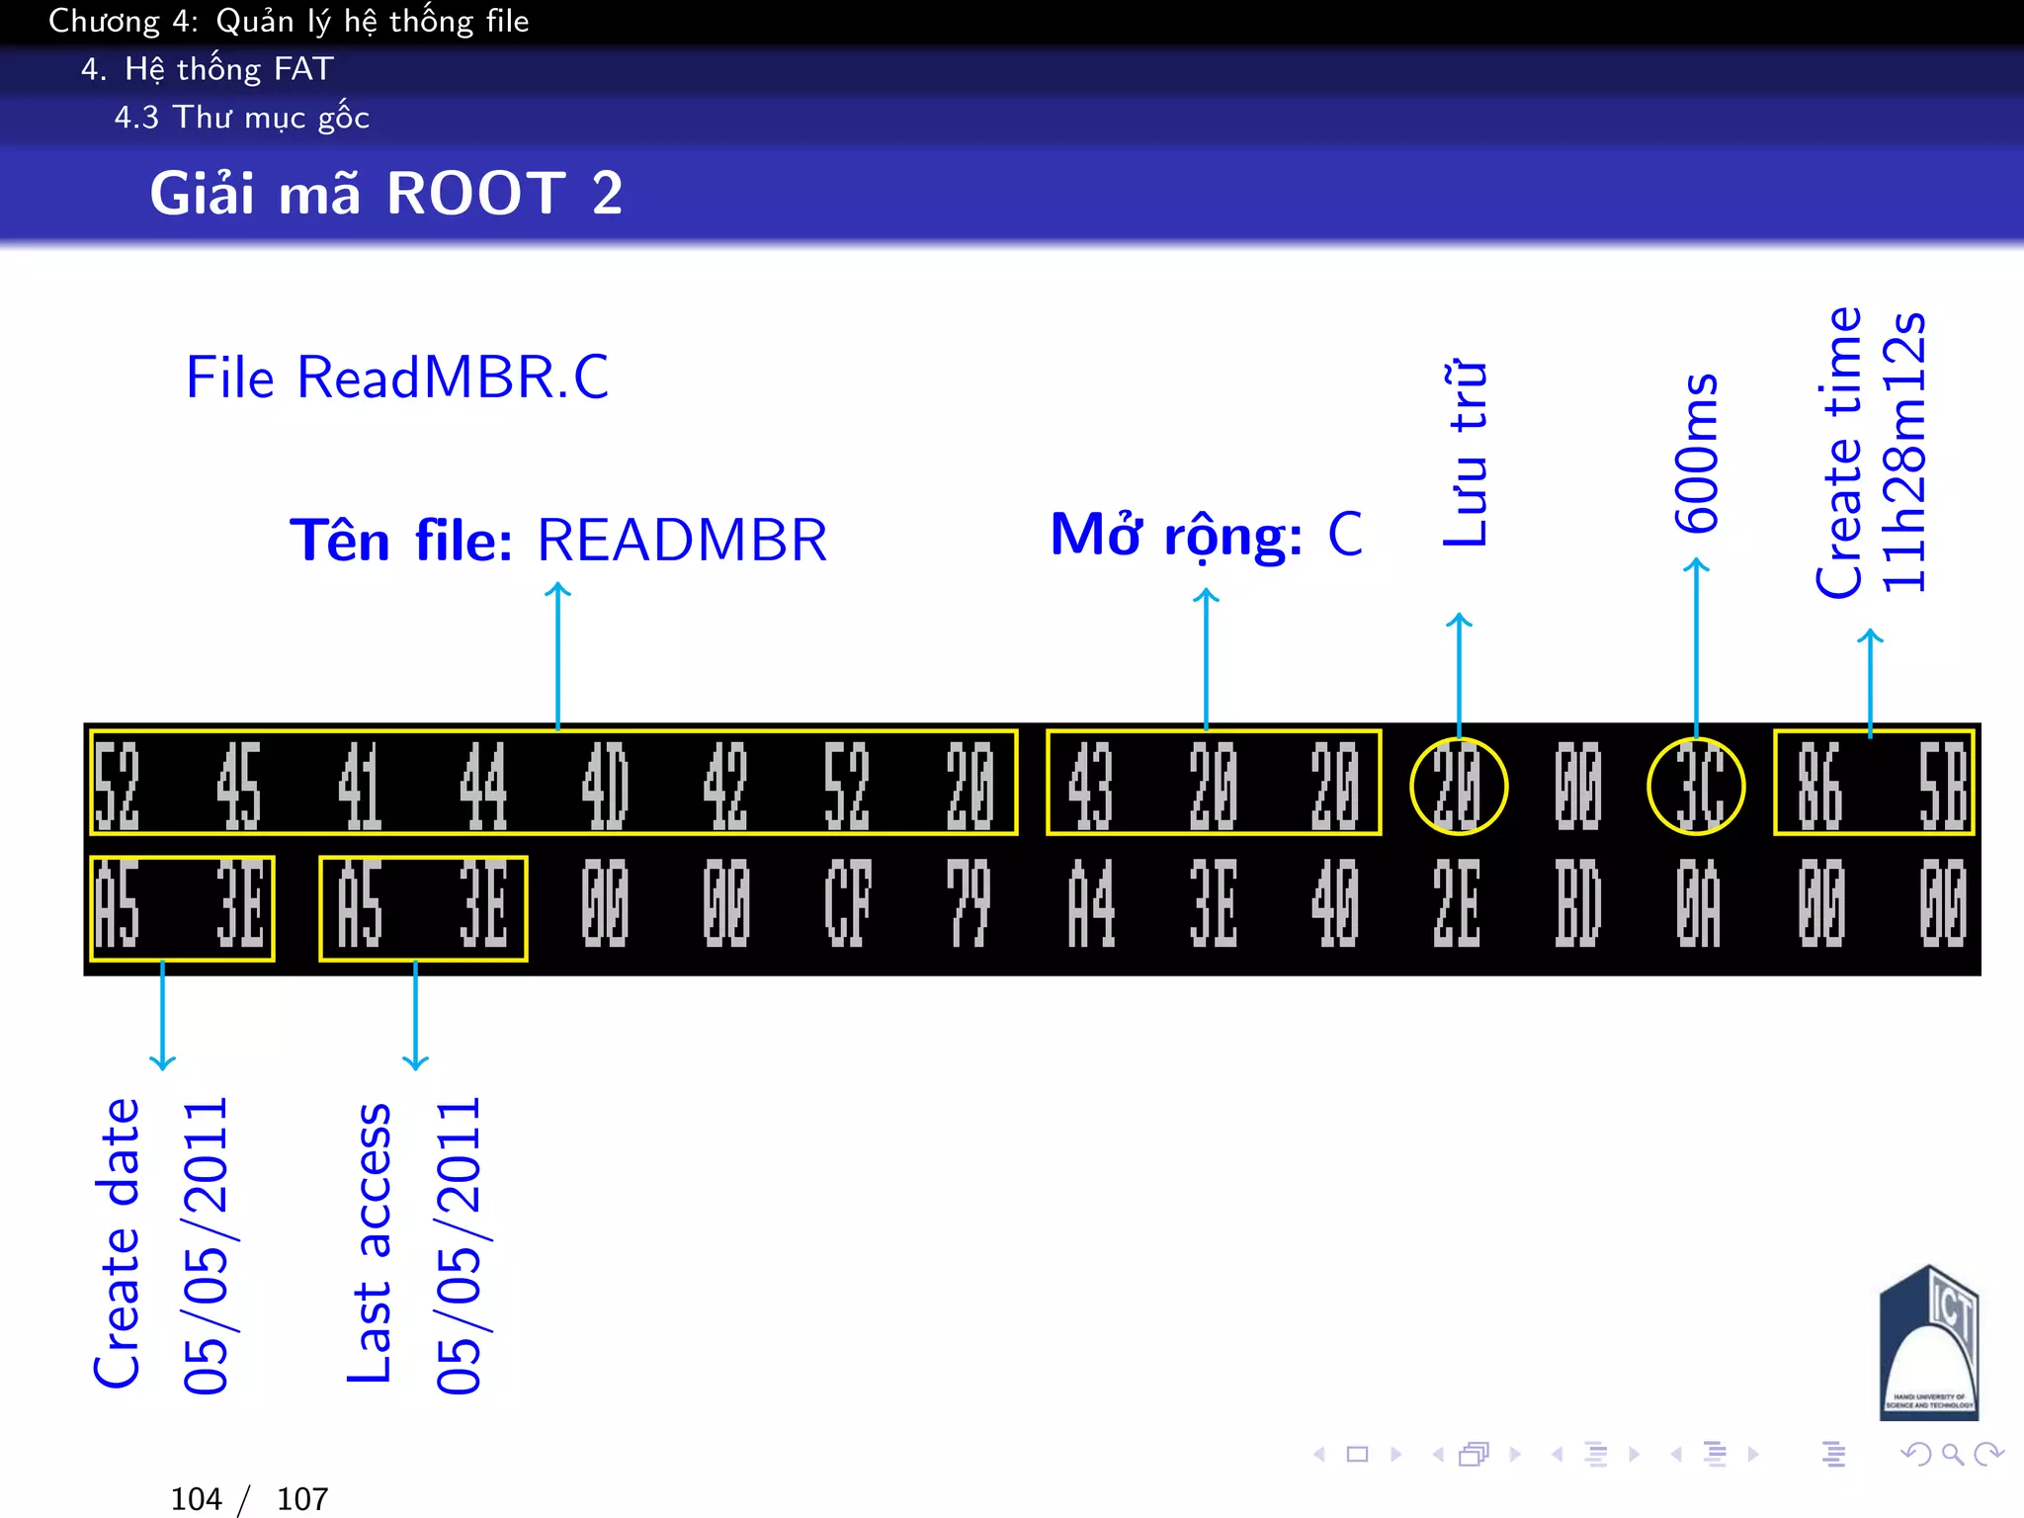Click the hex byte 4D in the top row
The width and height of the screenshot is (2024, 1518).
[604, 785]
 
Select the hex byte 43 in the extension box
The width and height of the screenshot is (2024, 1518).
[1091, 785]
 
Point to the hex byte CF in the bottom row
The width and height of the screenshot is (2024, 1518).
[848, 903]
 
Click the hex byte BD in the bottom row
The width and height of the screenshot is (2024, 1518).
[1577, 903]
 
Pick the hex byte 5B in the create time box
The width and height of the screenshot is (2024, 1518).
[1942, 785]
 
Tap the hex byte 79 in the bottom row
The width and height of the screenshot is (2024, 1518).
[969, 903]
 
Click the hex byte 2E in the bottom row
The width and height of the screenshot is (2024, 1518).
[1457, 903]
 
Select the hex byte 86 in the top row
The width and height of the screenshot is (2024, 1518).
[1819, 785]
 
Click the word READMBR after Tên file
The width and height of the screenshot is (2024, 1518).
[682, 541]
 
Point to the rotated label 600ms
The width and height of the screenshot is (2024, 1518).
[1696, 453]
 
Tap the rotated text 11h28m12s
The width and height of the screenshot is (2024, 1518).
[1903, 453]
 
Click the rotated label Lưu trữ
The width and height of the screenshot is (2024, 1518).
[1465, 453]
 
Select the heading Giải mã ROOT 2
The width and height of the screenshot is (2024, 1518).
[386, 193]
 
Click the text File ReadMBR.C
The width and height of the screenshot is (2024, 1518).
[397, 378]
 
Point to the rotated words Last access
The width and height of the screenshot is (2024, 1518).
[370, 1242]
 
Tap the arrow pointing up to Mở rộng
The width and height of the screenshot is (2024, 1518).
[1206, 657]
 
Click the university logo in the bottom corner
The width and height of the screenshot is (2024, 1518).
[1927, 1343]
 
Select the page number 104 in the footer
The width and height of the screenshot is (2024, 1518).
[196, 1498]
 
